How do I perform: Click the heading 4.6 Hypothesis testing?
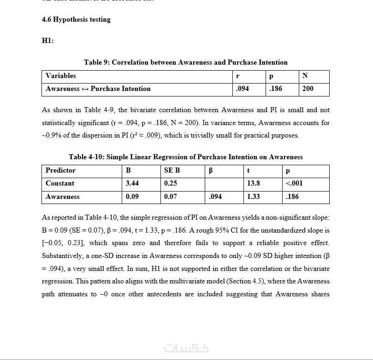[x=76, y=19]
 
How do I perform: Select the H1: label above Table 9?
[x=48, y=41]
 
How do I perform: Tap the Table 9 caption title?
[x=185, y=62]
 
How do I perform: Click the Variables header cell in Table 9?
[x=61, y=76]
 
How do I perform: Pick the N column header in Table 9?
[x=305, y=76]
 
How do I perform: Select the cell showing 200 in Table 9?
[x=308, y=89]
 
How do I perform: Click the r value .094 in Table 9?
[x=242, y=89]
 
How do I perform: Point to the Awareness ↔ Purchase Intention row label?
[x=98, y=89]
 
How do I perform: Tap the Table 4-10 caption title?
[x=185, y=157]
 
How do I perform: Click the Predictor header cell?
[x=60, y=170]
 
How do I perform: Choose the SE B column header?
[x=172, y=170]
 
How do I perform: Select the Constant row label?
[x=60, y=183]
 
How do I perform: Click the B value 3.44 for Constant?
[x=132, y=183]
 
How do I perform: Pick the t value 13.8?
[x=254, y=183]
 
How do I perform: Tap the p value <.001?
[x=294, y=183]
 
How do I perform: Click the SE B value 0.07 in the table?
[x=171, y=197]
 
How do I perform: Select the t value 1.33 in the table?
[x=254, y=197]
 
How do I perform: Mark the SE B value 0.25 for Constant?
[x=171, y=183]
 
